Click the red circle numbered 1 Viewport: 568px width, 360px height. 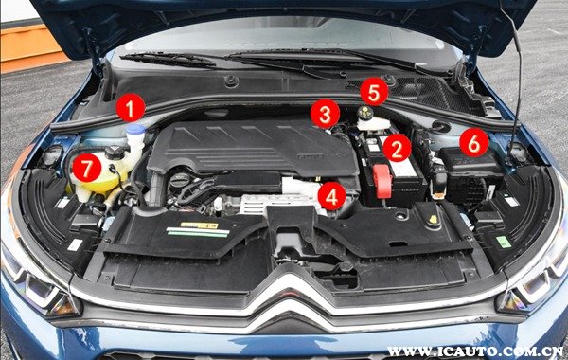[131, 107]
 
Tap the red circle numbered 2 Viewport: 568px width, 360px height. [397, 148]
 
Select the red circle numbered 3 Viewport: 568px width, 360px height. [325, 114]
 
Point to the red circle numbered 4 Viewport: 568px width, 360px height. [331, 196]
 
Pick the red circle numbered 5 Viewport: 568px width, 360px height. [374, 91]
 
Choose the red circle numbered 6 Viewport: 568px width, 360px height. [474, 142]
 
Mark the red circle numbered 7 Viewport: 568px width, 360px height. [86, 168]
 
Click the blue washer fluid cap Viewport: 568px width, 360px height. [135, 129]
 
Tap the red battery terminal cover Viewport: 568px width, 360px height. [382, 181]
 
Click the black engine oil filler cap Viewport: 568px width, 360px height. [179, 180]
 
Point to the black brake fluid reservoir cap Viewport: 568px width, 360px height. [364, 113]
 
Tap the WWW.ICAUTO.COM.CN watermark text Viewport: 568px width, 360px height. [475, 351]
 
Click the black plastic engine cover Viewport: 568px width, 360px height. [254, 147]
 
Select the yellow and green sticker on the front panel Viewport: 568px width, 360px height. [199, 229]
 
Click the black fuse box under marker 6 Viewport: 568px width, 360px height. [470, 174]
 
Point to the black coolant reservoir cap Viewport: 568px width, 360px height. [115, 153]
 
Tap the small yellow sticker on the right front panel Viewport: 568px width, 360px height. [433, 220]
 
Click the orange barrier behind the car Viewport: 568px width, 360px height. [31, 47]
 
